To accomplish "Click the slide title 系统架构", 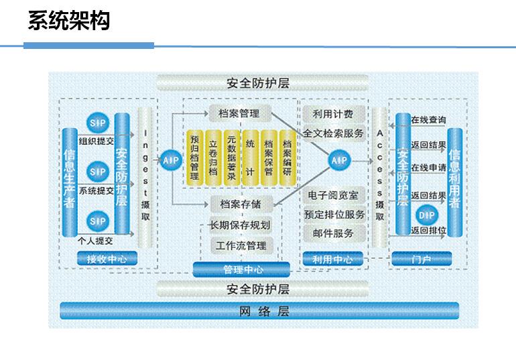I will [68, 21].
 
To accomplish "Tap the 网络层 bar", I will [259, 310].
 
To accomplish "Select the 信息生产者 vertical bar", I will [70, 182].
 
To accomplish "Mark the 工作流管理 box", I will [241, 246].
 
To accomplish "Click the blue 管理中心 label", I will [242, 270].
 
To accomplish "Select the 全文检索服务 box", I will [334, 134].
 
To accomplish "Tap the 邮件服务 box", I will [333, 233].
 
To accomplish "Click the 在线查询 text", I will [429, 120].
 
